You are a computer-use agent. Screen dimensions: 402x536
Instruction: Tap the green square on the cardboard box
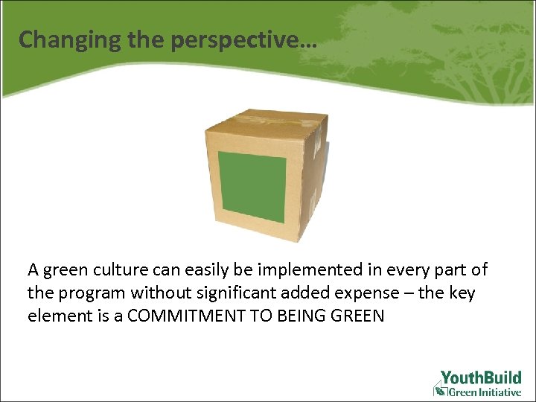(252, 187)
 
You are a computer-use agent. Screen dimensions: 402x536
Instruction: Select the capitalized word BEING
(310, 316)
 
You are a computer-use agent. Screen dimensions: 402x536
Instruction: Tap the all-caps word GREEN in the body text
(362, 316)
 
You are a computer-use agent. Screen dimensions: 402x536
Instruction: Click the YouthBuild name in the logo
(480, 377)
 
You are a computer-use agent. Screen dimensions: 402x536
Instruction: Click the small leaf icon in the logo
(441, 391)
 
